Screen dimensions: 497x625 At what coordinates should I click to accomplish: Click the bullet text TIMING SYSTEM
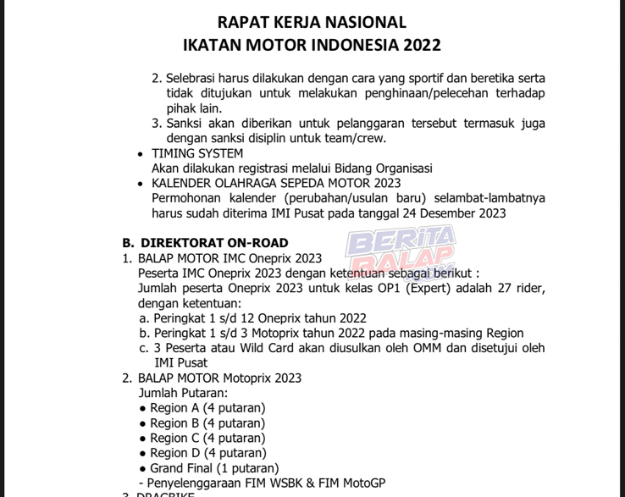(x=197, y=153)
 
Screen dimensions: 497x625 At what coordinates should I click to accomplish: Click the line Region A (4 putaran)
(x=207, y=408)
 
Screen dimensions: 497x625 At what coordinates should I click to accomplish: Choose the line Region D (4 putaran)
(x=207, y=453)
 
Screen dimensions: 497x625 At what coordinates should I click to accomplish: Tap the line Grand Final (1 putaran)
(x=214, y=467)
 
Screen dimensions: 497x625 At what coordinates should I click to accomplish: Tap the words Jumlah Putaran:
(x=182, y=393)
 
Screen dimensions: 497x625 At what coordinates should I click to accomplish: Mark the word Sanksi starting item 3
(x=186, y=124)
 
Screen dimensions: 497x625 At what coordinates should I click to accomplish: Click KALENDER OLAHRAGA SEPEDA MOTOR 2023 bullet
(x=276, y=183)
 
